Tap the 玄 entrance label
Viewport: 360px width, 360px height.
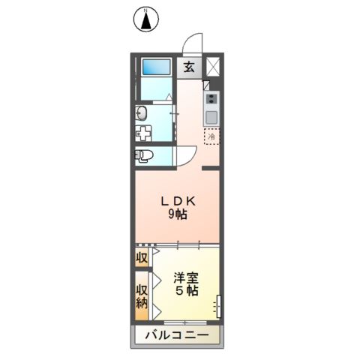pyautogui.click(x=188, y=66)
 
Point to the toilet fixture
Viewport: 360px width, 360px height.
pyautogui.click(x=145, y=155)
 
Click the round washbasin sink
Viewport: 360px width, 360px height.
pyautogui.click(x=141, y=113)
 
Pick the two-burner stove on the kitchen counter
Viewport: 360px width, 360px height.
pyautogui.click(x=211, y=99)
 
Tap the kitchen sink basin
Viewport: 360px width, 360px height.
pyautogui.click(x=211, y=116)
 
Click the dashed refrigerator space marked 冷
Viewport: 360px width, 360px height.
pyautogui.click(x=212, y=137)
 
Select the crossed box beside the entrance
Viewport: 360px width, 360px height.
pyautogui.click(x=213, y=66)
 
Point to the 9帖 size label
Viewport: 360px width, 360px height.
pyautogui.click(x=178, y=214)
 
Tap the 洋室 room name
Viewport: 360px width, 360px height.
pyautogui.click(x=187, y=276)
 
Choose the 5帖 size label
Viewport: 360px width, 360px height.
pyautogui.click(x=187, y=290)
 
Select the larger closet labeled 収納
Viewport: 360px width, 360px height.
pyautogui.click(x=141, y=295)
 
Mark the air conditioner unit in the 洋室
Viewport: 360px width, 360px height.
pyautogui.click(x=218, y=306)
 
